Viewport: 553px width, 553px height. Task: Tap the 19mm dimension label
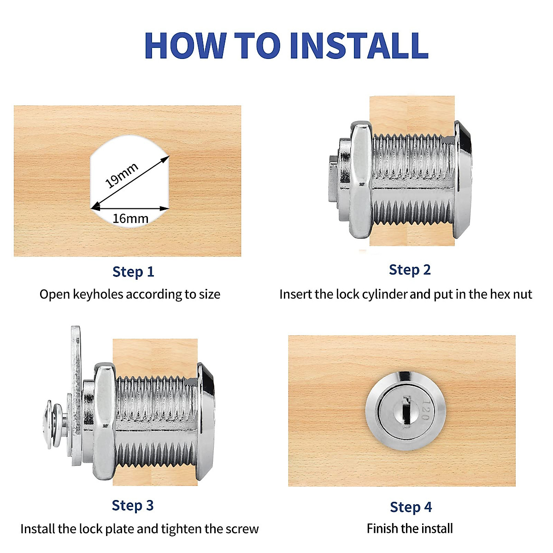coord(121,175)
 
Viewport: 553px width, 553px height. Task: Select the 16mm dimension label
coord(130,219)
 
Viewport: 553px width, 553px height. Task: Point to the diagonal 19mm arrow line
coord(130,182)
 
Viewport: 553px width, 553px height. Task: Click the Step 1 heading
coord(133,271)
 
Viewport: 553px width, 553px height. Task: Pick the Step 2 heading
coord(410,270)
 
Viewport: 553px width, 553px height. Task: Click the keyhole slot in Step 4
coord(406,412)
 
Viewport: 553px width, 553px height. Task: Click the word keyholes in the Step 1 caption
coord(98,295)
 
